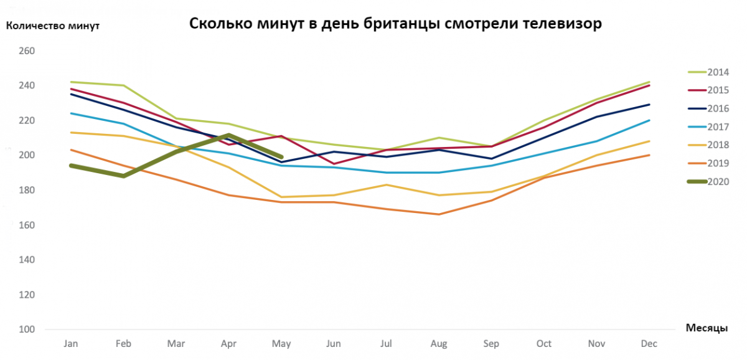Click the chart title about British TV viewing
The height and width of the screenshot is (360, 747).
tap(396, 24)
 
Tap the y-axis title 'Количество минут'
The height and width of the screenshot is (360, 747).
tap(53, 26)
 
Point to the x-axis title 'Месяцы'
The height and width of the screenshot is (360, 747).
tap(707, 328)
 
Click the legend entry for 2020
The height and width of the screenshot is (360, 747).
tap(718, 182)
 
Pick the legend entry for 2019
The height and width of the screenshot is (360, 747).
tap(718, 164)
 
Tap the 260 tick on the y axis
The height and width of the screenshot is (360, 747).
tap(28, 51)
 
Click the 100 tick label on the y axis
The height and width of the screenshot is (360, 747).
tap(28, 329)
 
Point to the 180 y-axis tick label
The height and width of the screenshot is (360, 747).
tap(28, 190)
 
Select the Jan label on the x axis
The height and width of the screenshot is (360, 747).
tap(70, 343)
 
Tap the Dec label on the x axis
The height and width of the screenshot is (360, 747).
tap(650, 343)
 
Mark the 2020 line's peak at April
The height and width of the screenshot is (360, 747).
tap(229, 135)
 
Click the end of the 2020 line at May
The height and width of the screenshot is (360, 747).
tap(281, 157)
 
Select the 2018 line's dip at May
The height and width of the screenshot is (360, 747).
tap(282, 197)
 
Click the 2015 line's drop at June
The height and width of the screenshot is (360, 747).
tap(335, 164)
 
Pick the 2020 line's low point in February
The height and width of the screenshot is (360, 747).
tap(123, 176)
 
